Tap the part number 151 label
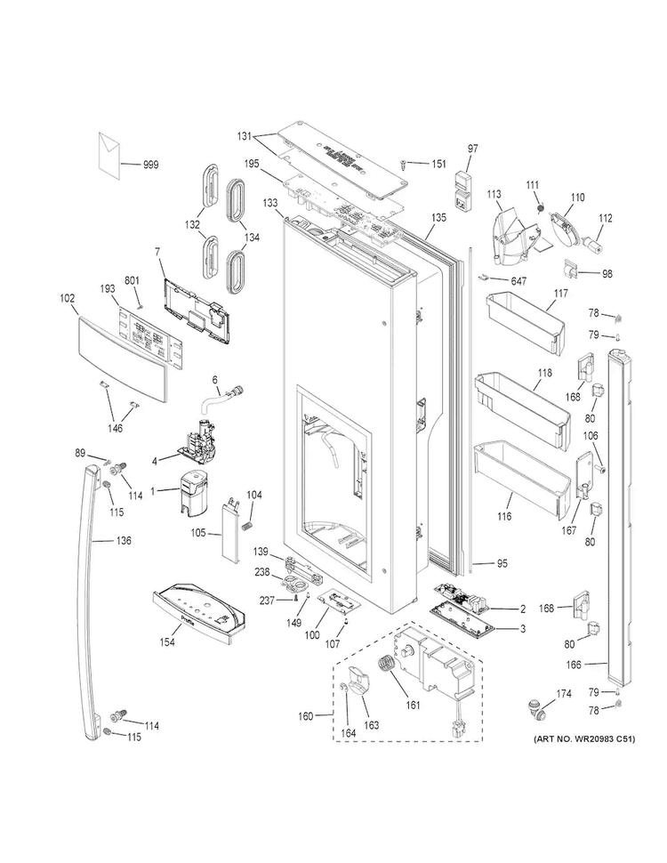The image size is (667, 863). click(x=438, y=164)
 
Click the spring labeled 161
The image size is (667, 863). click(x=389, y=668)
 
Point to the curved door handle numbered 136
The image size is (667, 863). click(x=94, y=596)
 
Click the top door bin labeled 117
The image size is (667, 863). click(x=525, y=319)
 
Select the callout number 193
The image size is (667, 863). click(x=108, y=288)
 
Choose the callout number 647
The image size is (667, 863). click(x=519, y=281)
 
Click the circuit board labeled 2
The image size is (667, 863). click(x=463, y=597)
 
